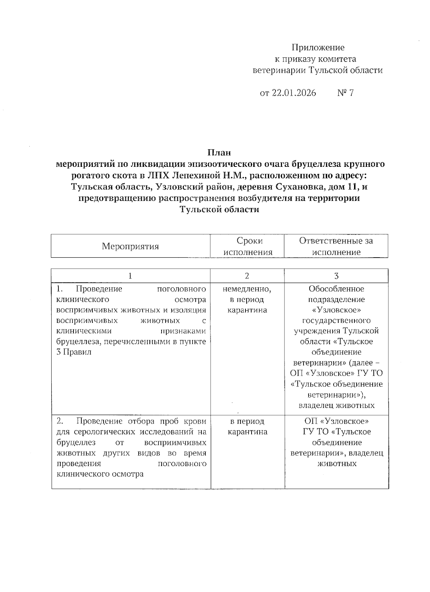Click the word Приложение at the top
318,48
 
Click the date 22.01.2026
294,93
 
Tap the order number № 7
345,93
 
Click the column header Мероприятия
130,246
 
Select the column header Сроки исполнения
248,246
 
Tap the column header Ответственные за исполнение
336,246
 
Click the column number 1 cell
130,276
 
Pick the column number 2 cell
247,276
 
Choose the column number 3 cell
336,276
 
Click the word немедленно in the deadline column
247,289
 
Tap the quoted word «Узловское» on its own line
336,310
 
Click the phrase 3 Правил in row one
74,352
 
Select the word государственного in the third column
336,320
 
